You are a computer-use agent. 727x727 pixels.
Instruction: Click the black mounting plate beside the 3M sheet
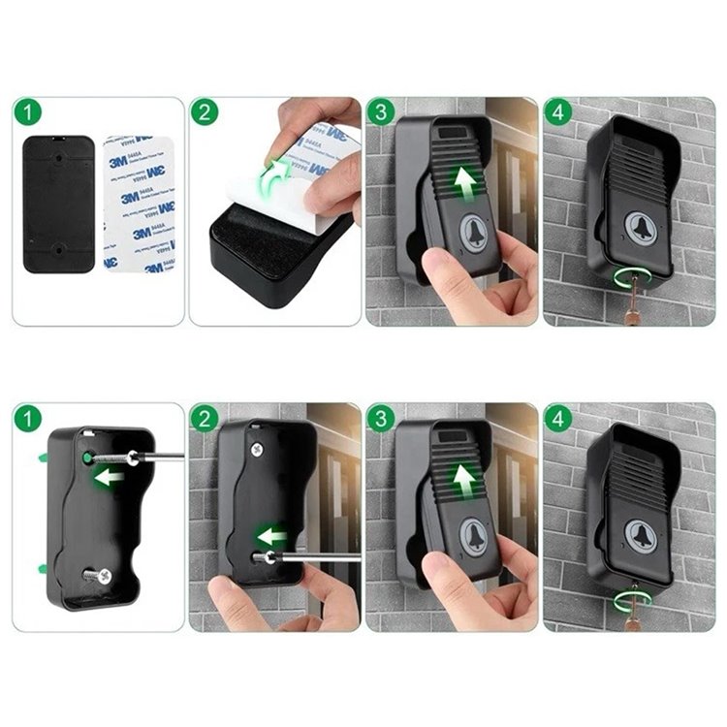click(58, 205)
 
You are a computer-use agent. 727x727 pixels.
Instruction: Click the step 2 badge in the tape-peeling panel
click(204, 111)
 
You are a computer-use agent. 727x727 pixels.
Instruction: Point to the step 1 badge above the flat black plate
click(28, 111)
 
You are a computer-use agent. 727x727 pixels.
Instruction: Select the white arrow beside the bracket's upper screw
click(108, 477)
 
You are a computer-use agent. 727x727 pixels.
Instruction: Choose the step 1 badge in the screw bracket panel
click(28, 419)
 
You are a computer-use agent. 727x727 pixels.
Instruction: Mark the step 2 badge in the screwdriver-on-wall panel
click(204, 419)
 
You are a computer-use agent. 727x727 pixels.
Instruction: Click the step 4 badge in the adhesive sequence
click(556, 111)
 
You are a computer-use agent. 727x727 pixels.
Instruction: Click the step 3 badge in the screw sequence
click(380, 419)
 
